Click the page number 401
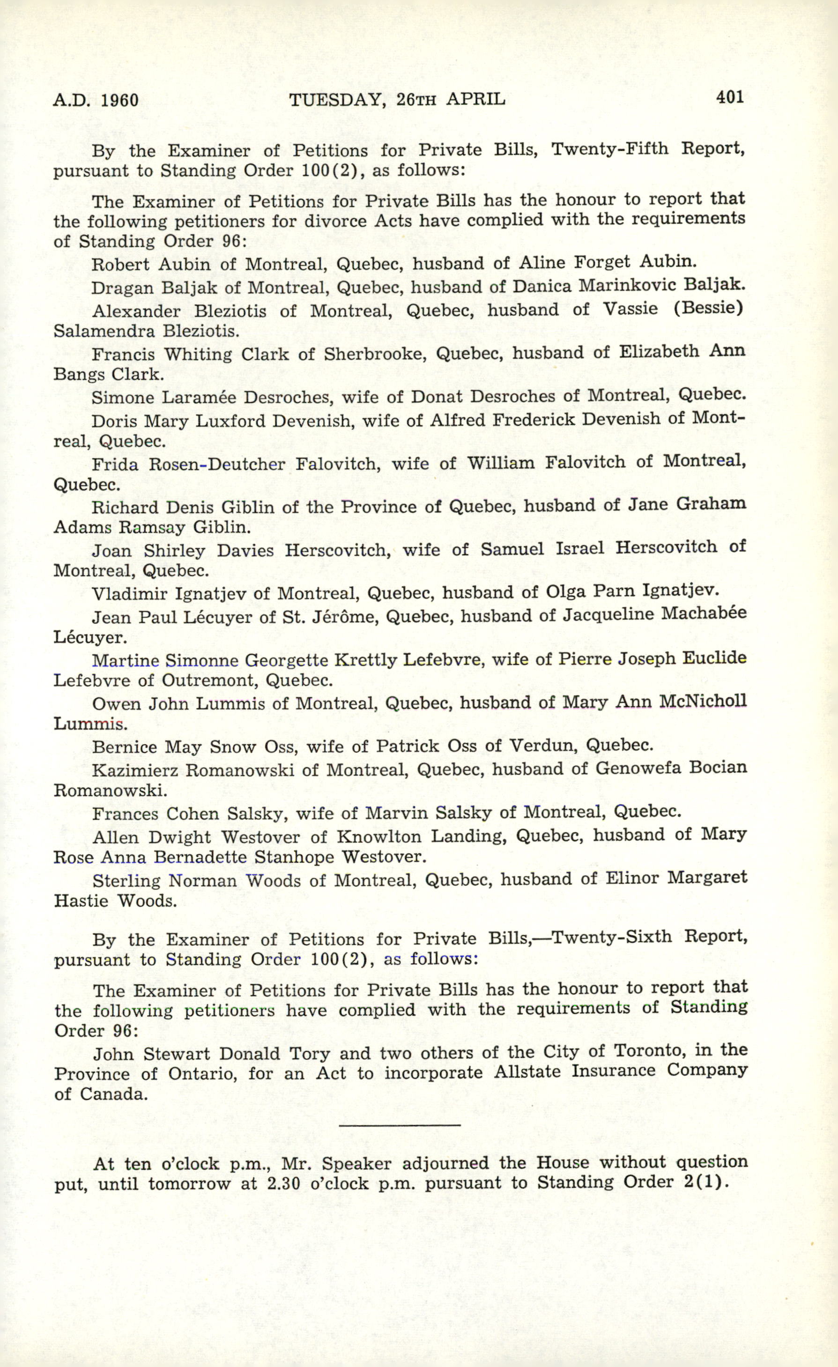(x=730, y=97)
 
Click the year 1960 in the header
(x=120, y=100)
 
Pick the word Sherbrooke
(x=375, y=354)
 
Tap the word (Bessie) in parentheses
(x=708, y=308)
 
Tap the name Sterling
(x=126, y=880)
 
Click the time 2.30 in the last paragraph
(x=283, y=1183)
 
